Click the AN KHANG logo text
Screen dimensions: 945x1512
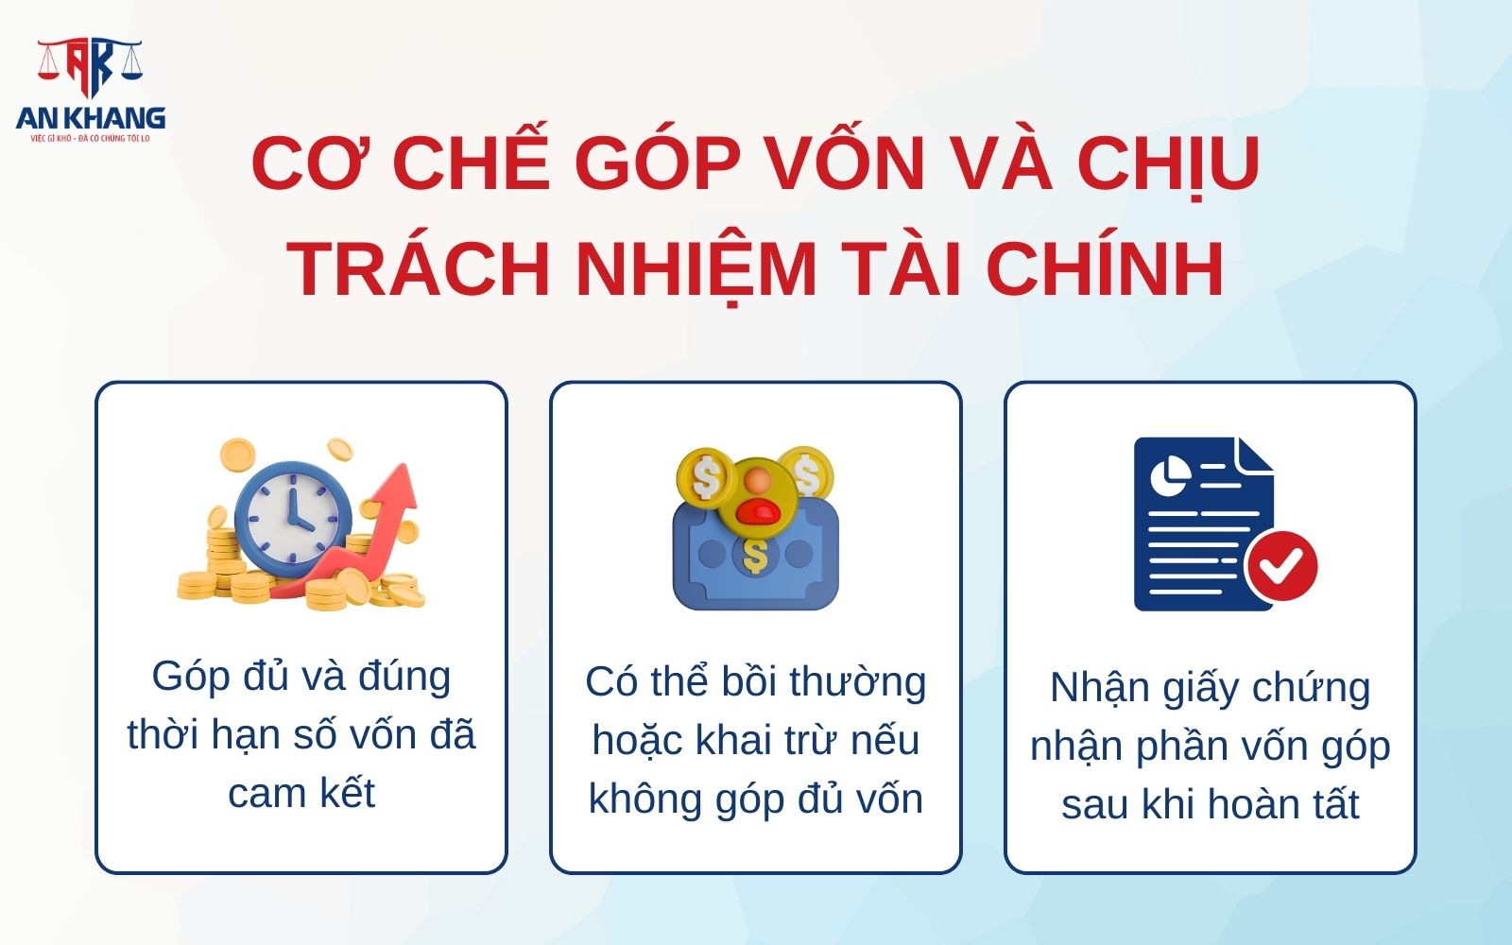(x=91, y=117)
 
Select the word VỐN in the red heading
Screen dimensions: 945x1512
(x=846, y=163)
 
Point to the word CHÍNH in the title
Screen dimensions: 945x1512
(x=1106, y=268)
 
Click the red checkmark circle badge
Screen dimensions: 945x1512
(x=1280, y=565)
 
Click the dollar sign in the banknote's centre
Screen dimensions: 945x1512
(x=755, y=557)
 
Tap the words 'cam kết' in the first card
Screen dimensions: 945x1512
(x=301, y=794)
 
